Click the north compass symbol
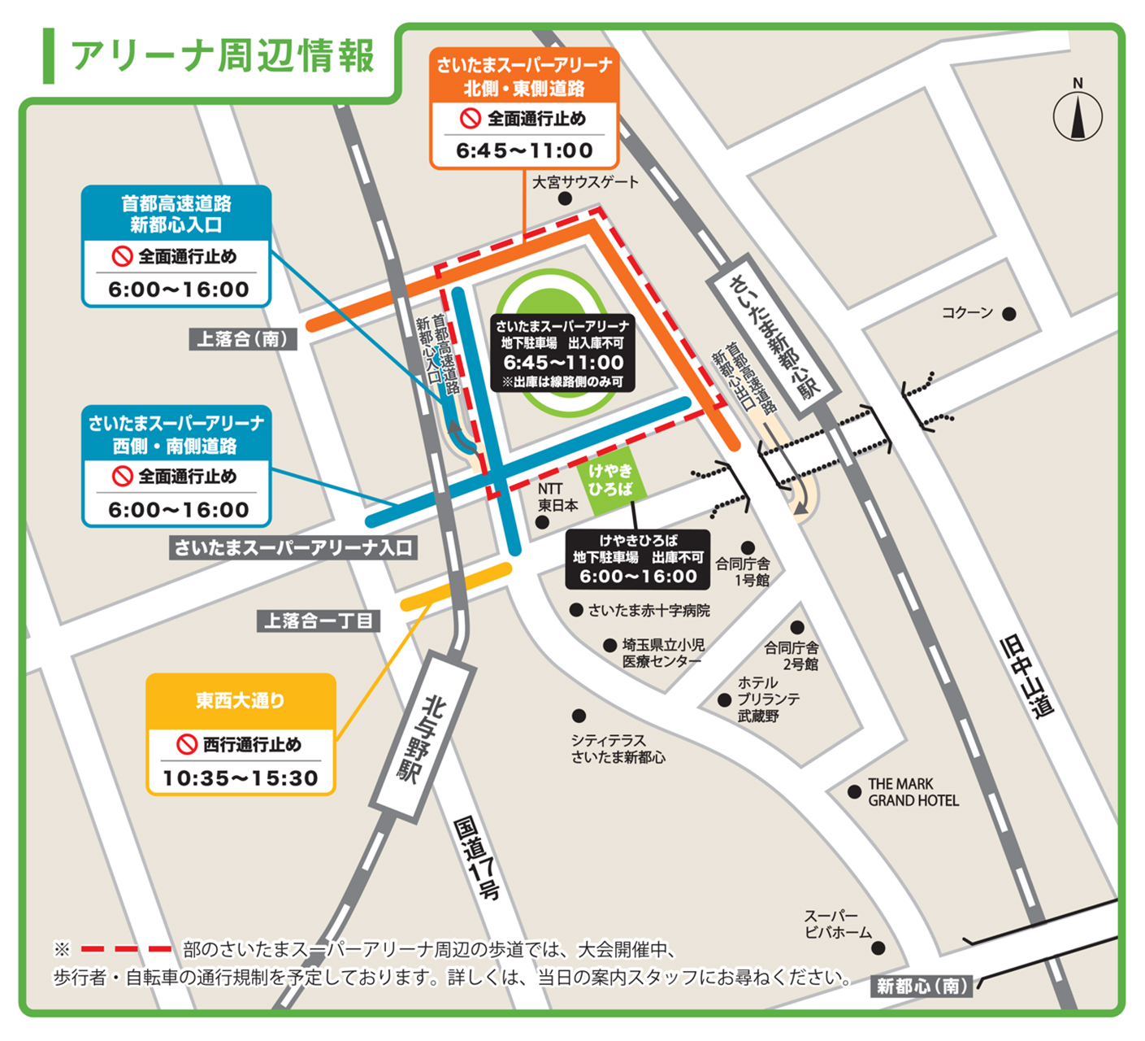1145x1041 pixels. coord(1078,115)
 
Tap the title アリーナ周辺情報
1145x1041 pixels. coord(223,56)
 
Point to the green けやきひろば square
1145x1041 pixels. coord(611,481)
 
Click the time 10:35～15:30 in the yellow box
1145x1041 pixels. coord(241,778)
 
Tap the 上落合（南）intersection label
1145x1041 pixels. coord(243,339)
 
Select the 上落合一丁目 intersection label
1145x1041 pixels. coord(319,621)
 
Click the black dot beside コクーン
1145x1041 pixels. coord(1009,314)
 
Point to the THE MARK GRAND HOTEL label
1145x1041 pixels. coord(913,792)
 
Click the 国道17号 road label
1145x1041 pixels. coord(476,858)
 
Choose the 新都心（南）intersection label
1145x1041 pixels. coord(922,987)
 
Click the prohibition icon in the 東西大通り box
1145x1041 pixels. coord(187,744)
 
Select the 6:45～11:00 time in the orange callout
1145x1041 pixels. coord(524,150)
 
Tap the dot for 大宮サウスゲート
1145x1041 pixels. coord(565,198)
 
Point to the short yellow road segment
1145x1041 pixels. coord(456,586)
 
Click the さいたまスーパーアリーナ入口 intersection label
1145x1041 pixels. coord(293,548)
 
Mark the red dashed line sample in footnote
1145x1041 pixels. coord(126,949)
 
